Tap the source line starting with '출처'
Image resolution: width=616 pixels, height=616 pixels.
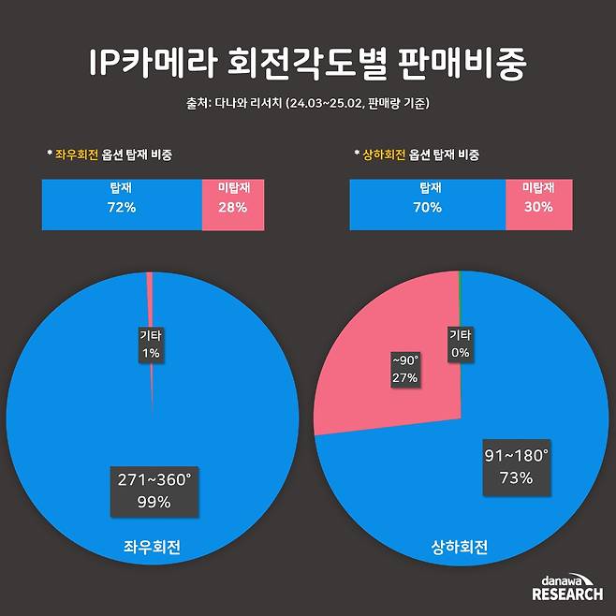307,102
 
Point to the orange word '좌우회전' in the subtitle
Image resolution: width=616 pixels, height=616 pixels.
76,153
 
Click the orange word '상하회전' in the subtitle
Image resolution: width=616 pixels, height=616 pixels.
384,153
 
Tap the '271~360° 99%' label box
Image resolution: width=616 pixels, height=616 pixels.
153,491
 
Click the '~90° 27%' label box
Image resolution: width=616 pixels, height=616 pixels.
404,368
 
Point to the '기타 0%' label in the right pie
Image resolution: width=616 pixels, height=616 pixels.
460,344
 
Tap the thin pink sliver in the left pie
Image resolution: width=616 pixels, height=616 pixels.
150,300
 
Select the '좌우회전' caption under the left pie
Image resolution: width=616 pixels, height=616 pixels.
153,549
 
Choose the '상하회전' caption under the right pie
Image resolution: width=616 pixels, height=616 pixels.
460,549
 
